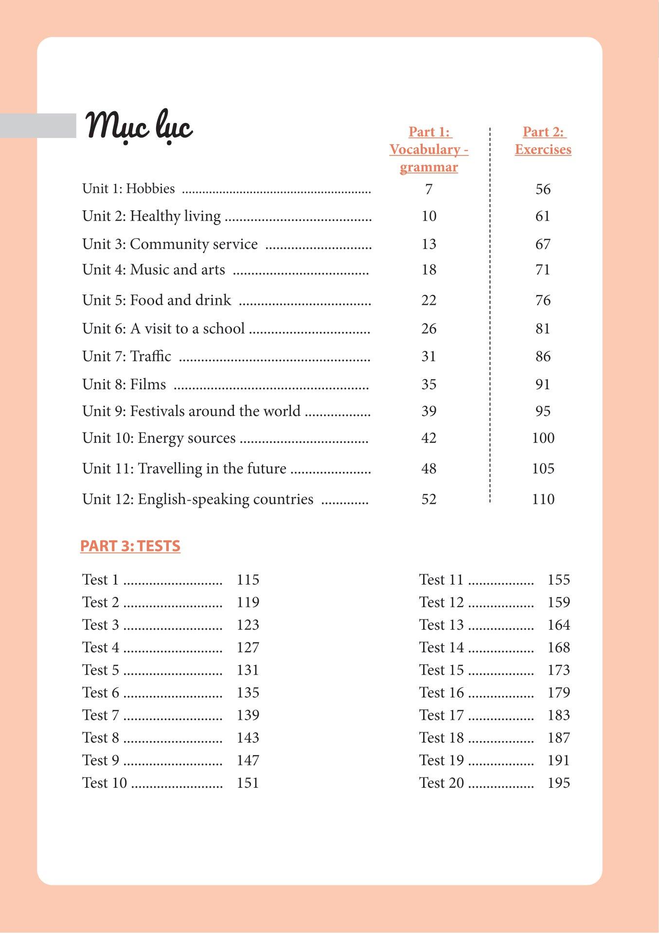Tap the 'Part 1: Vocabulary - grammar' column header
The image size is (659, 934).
[428, 149]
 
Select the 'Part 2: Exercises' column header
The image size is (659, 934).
[543, 140]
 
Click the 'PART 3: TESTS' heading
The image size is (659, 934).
[130, 546]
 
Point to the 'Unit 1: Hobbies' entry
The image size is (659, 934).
[128, 189]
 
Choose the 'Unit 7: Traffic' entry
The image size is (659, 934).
[126, 356]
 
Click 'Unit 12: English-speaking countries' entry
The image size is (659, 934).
[197, 499]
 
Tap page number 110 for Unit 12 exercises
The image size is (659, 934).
[543, 499]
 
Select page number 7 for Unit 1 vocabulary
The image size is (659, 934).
[428, 189]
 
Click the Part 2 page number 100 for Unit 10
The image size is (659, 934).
[543, 438]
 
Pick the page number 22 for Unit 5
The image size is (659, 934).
[428, 300]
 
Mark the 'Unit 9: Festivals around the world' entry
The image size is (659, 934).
[191, 411]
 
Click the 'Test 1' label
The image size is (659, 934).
[100, 580]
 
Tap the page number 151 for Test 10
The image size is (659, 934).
[248, 783]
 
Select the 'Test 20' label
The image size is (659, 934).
[441, 783]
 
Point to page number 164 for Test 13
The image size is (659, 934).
[558, 625]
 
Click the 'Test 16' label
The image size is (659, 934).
[441, 692]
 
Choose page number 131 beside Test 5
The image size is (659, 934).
[248, 670]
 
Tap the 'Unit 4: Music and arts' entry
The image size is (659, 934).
[154, 270]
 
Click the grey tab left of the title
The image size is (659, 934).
[38, 125]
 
